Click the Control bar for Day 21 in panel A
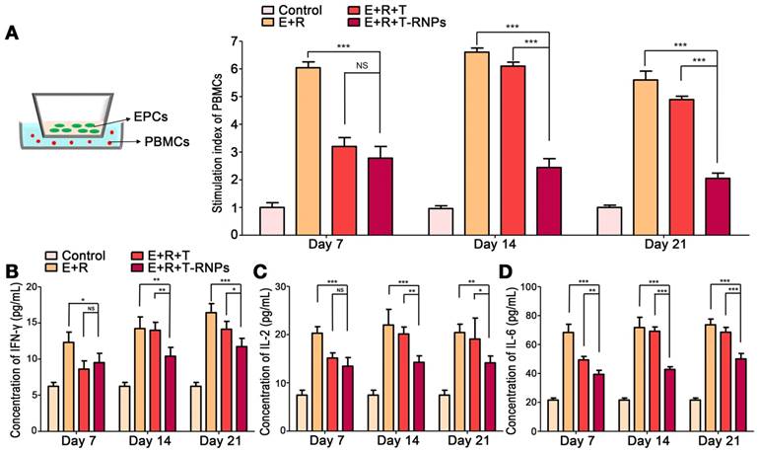click(x=609, y=221)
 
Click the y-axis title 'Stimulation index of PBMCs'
click(x=219, y=137)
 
